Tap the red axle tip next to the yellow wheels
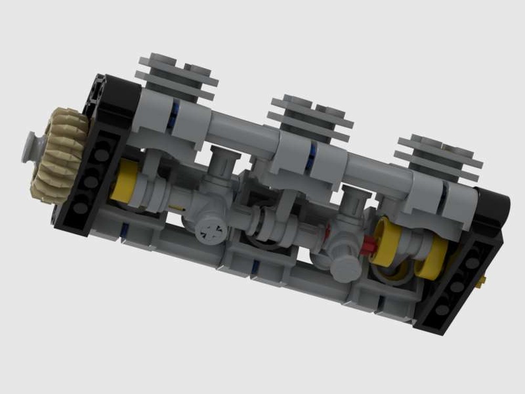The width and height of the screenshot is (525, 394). (370, 243)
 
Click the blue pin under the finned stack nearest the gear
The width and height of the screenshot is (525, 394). (174, 112)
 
